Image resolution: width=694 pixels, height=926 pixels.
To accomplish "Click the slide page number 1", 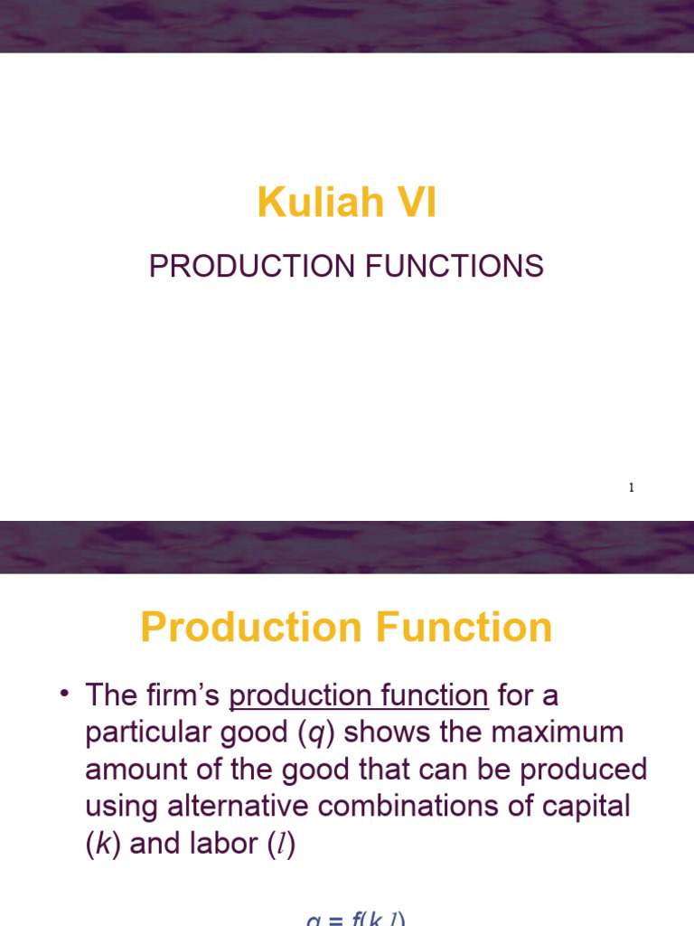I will pyautogui.click(x=632, y=488).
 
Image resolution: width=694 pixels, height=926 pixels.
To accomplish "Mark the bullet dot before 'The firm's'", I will pyautogui.click(x=65, y=694).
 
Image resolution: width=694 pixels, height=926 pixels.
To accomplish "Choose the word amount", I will pyautogui.click(x=133, y=770).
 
